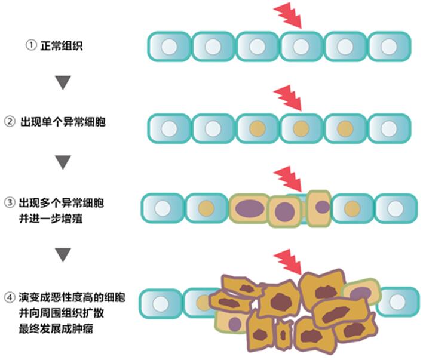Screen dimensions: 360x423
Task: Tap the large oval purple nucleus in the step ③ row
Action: click(247, 208)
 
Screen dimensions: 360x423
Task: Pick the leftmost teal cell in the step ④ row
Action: click(161, 303)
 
